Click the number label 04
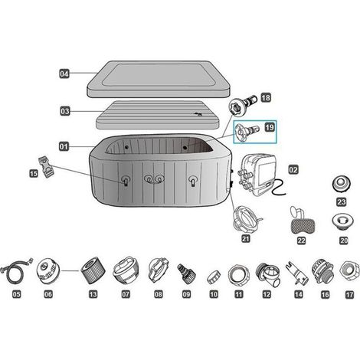[x=64, y=74]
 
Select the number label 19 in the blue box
[x=270, y=127]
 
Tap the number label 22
[x=301, y=241]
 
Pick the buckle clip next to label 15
[x=47, y=165]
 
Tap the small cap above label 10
[x=214, y=277]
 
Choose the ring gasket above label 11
[x=238, y=275]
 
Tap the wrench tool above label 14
[x=296, y=273]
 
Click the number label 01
[x=64, y=146]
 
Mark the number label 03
[x=64, y=111]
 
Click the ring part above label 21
[x=247, y=219]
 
